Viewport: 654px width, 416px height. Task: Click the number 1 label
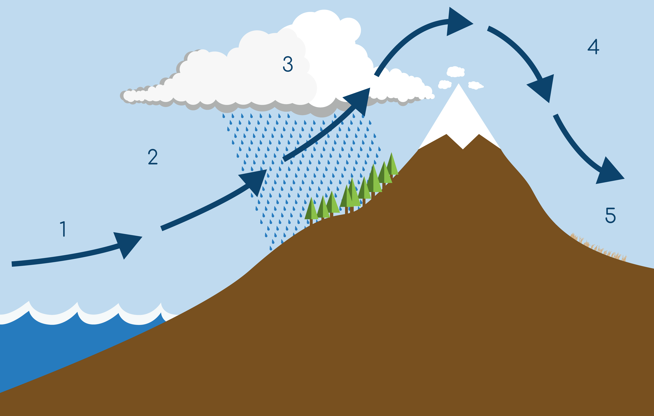(63, 229)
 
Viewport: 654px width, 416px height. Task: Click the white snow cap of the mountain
(459, 119)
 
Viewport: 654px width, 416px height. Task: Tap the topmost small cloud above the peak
(455, 72)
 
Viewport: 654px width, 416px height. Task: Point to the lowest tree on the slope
(311, 210)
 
